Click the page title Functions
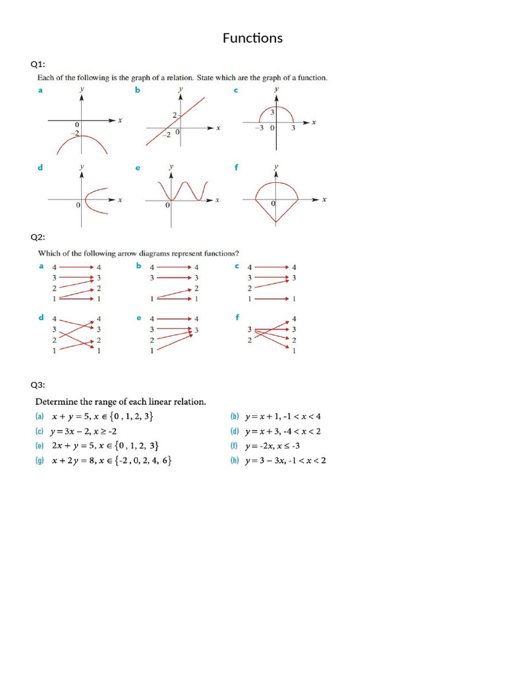(x=252, y=38)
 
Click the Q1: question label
(x=38, y=64)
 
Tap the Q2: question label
(x=38, y=237)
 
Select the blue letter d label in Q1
(x=40, y=168)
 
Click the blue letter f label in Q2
(x=237, y=317)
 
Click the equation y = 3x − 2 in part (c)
(x=73, y=431)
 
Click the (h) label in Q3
(x=234, y=461)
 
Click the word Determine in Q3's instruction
(x=57, y=401)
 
